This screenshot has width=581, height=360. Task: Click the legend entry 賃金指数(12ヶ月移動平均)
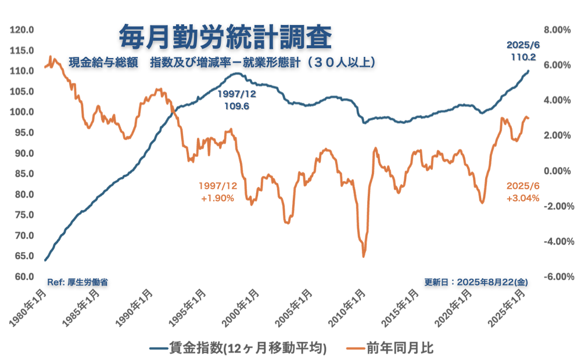[x=238, y=348]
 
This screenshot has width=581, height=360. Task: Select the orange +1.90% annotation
[x=217, y=198]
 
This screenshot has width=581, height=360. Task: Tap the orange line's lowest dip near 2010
[x=364, y=256]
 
